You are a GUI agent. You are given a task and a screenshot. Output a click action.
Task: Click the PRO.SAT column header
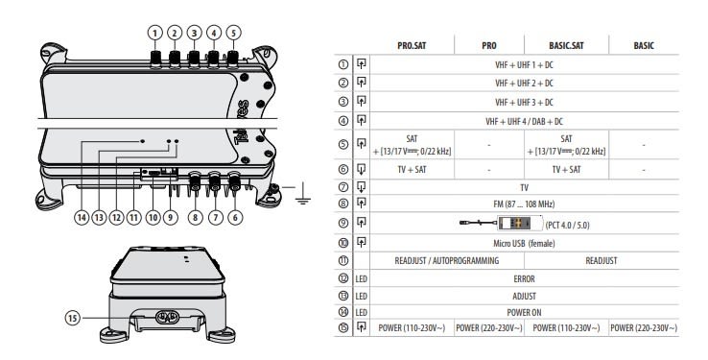(412, 46)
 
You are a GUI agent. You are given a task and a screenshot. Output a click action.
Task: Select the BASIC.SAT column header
(566, 46)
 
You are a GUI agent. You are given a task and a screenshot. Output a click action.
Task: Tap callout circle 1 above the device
(154, 33)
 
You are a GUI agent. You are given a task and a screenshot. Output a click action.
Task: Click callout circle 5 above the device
(233, 33)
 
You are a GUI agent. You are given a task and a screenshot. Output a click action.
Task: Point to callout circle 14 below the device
(82, 218)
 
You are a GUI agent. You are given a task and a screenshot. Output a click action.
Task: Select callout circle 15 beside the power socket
(72, 318)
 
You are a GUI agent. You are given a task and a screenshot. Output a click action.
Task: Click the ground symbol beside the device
(303, 194)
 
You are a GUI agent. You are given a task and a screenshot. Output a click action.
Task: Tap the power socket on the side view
(167, 317)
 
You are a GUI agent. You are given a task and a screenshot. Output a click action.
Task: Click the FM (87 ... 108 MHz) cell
(524, 204)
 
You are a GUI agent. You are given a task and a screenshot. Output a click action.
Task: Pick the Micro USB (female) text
(524, 244)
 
